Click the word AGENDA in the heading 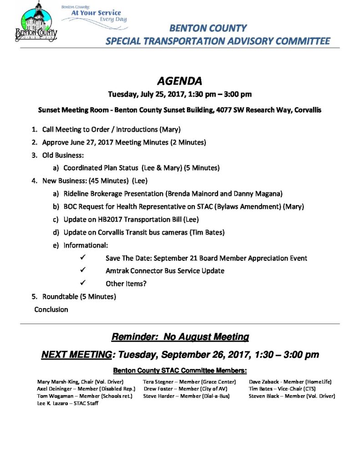(x=179, y=81)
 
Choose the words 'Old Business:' (x=63, y=155)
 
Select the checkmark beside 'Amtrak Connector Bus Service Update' (x=83, y=270)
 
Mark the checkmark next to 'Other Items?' (x=83, y=283)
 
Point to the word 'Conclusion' (x=51, y=309)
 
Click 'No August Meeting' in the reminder (x=206, y=337)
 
